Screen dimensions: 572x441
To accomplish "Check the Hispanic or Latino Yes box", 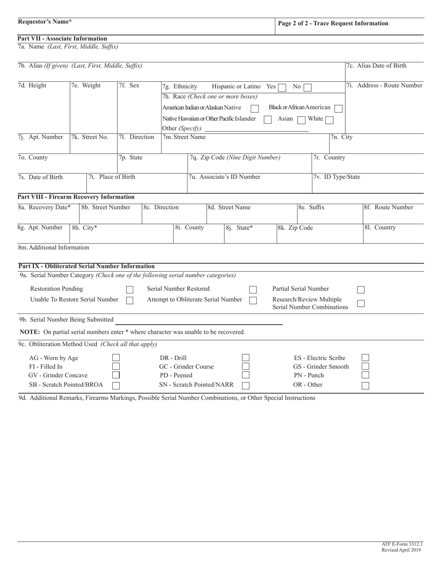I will pos(282,87).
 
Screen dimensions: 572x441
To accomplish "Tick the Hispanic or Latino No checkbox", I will pos(307,87).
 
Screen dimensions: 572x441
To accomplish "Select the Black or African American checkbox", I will pos(338,108).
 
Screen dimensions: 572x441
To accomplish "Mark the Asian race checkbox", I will pos(302,120).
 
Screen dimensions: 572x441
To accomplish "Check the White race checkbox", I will pos(329,120).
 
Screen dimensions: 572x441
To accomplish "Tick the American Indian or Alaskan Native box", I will pos(254,108).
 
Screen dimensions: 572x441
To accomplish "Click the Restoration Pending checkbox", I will pos(130,290).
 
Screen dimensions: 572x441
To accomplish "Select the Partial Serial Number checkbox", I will pos(361,290).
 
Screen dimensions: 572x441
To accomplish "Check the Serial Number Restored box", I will pos(253,290).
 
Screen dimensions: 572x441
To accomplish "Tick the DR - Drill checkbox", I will pos(246,358).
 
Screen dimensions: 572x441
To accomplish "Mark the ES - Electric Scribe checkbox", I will pos(365,358).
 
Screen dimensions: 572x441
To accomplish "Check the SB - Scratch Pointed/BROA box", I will pos(116,385).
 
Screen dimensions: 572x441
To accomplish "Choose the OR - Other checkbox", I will pos(365,385).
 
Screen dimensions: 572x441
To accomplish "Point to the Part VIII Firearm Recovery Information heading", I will pos(76,197).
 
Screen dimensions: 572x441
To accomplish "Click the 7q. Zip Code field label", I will pos(234,158).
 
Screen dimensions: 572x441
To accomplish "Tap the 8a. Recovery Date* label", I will pos(45,207).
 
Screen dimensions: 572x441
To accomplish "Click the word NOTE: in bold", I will pos(30,332).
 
